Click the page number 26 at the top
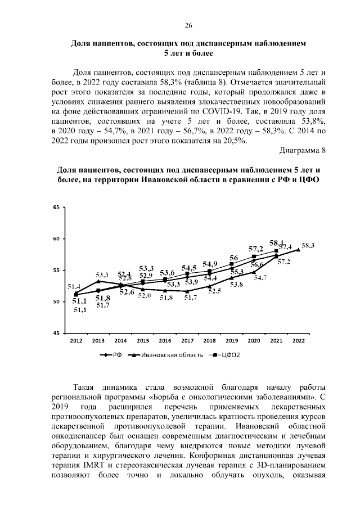point(188,26)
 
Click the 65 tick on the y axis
point(56,208)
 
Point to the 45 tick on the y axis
point(56,334)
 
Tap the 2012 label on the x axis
point(75,341)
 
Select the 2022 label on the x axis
point(298,341)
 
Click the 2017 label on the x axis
point(187,341)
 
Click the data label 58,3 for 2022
point(308,246)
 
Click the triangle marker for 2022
point(298,250)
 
